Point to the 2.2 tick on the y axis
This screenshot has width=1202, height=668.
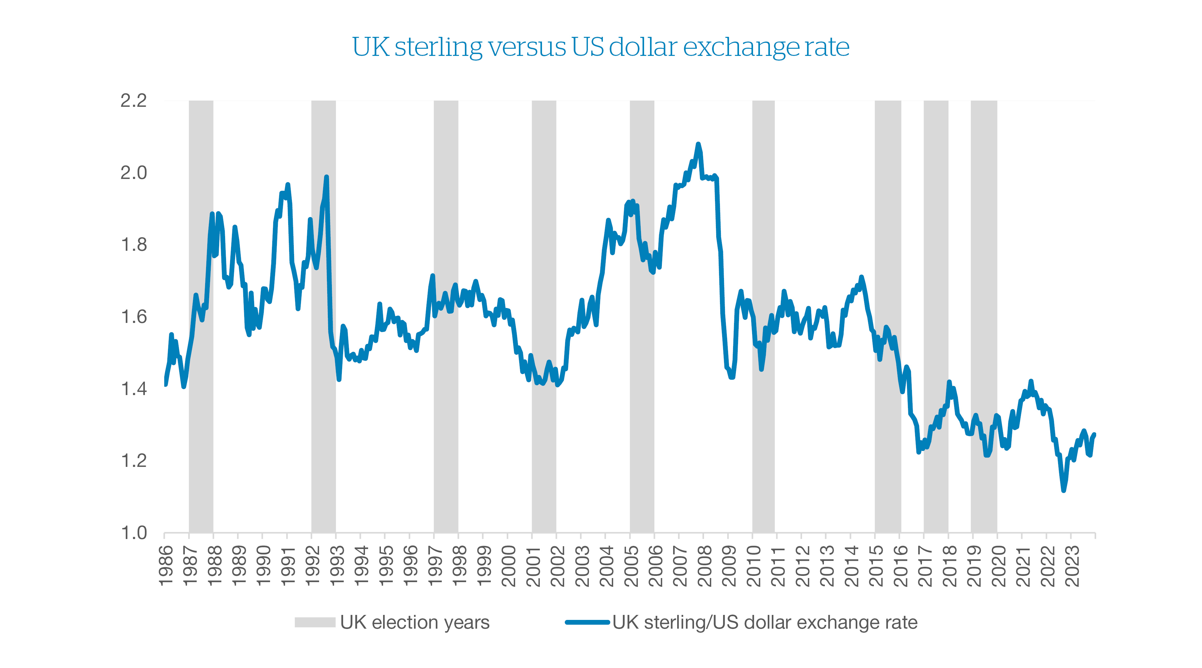click(133, 100)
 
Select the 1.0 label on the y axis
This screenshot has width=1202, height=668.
click(133, 533)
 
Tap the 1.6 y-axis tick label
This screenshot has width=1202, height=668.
click(133, 317)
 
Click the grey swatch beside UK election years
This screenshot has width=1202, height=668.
click(315, 622)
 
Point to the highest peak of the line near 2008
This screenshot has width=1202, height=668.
click(698, 144)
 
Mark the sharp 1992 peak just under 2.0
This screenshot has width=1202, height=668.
click(326, 177)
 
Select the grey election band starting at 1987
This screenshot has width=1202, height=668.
click(201, 420)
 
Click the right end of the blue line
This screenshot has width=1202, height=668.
click(1094, 435)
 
